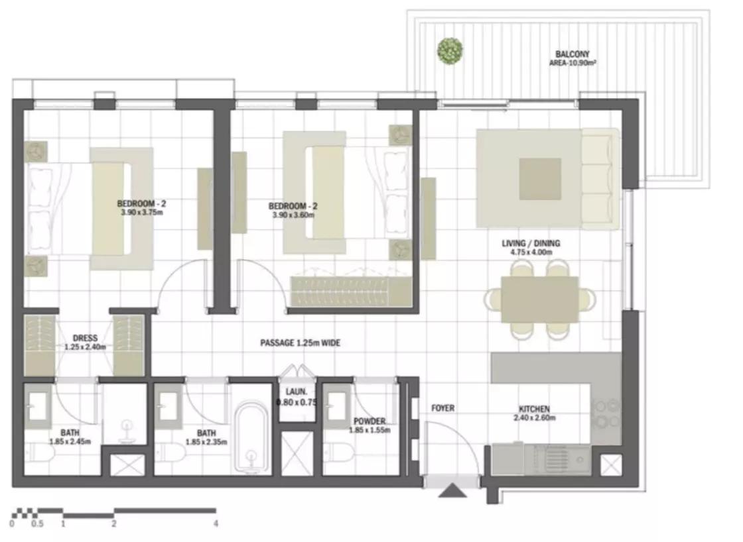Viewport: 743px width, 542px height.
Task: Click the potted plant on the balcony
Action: [x=450, y=50]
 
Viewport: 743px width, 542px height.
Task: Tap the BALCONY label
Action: [x=573, y=54]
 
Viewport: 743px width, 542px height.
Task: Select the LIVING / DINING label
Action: [x=531, y=243]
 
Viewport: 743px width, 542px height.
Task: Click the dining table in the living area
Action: [x=540, y=299]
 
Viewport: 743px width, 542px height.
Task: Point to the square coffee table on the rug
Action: [x=540, y=179]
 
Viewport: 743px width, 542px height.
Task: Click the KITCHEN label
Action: [x=534, y=409]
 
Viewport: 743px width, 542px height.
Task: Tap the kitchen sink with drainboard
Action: [x=557, y=460]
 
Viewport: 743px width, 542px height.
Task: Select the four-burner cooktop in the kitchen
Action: [x=607, y=414]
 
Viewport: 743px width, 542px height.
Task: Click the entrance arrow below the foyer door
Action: [x=452, y=490]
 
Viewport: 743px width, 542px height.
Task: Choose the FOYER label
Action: [x=442, y=408]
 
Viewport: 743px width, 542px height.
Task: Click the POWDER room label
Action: [x=370, y=421]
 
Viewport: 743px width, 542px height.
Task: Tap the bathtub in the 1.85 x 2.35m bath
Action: [x=251, y=438]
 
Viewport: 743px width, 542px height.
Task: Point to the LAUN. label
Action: [x=296, y=392]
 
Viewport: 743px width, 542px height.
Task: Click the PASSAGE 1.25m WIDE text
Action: [x=301, y=343]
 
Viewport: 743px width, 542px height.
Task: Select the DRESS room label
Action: [x=86, y=338]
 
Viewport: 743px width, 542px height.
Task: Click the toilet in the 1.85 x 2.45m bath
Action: [x=40, y=453]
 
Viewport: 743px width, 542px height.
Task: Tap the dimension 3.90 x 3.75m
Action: [x=142, y=213]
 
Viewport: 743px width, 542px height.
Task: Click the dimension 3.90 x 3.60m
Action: [x=293, y=215]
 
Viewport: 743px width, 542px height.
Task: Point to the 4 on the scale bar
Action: [x=216, y=523]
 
